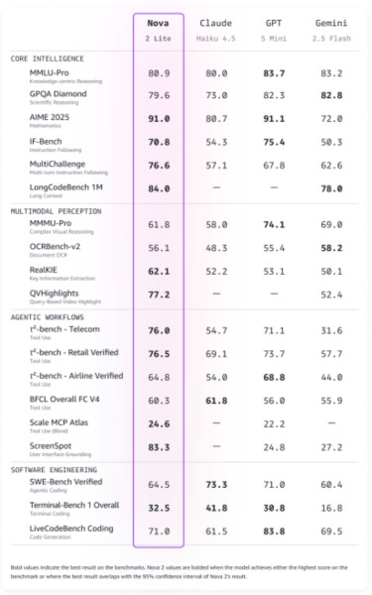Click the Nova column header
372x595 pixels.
158,22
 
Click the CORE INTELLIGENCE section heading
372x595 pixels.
48,58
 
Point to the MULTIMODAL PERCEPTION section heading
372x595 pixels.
57,210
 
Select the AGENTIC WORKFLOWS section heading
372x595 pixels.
51,314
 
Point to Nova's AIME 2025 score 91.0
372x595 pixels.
158,118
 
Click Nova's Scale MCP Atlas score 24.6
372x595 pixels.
158,423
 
